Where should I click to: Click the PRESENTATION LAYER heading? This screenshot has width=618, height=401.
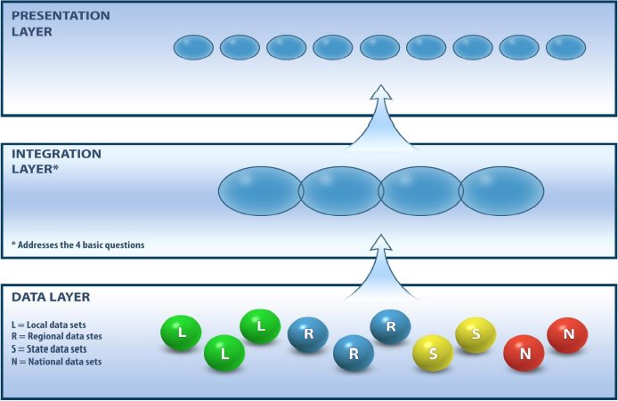(61, 24)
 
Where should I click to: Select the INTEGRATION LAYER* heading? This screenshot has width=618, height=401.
(56, 161)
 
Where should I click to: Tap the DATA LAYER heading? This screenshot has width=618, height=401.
(51, 297)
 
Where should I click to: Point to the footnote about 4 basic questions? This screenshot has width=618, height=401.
(78, 245)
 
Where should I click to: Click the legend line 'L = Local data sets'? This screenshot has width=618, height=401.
(48, 325)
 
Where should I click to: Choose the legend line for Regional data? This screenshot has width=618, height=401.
(57, 336)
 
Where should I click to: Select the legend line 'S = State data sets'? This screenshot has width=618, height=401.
(49, 349)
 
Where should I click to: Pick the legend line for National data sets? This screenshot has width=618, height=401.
(56, 362)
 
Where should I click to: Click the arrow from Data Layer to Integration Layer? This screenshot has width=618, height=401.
(381, 268)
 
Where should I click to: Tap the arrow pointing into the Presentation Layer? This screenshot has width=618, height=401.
(381, 118)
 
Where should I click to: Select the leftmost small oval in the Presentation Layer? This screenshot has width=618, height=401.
(193, 47)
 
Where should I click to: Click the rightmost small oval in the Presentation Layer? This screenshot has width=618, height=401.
(566, 47)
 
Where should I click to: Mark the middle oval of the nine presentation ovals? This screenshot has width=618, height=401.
(380, 47)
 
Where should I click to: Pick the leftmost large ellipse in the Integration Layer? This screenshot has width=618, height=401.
(261, 191)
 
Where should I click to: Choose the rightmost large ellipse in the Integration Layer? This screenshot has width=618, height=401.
(501, 191)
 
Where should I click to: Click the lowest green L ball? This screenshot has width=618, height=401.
(224, 353)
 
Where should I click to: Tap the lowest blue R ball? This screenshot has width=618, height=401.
(354, 353)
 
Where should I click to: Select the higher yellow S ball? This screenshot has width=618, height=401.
(476, 335)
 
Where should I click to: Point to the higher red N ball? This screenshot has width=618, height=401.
(567, 335)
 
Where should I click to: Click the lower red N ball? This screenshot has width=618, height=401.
(524, 353)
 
